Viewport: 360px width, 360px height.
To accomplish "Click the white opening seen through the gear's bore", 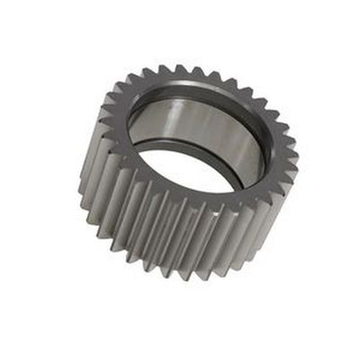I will tap(184, 171).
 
